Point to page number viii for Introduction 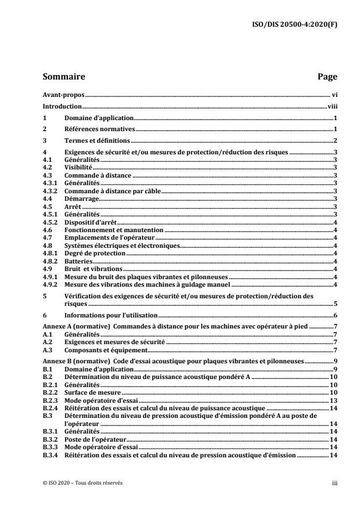(332, 107)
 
